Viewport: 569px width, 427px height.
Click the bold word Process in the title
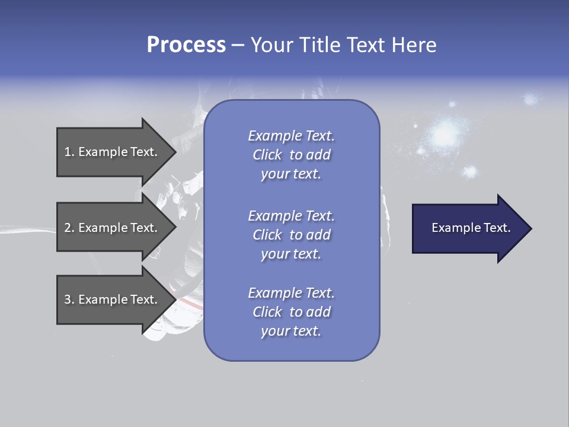[186, 45]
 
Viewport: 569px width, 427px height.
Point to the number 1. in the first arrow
[69, 152]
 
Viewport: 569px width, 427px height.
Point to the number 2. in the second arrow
[69, 228]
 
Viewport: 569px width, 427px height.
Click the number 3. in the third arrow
[69, 299]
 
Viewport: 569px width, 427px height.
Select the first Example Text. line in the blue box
[291, 136]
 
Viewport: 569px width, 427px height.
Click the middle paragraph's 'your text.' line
[291, 254]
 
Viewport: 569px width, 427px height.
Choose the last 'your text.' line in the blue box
[291, 331]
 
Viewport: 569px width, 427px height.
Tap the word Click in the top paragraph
[267, 155]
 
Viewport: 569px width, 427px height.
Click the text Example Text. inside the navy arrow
[471, 228]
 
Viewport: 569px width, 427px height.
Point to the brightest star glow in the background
[443, 135]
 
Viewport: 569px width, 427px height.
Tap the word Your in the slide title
[268, 45]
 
